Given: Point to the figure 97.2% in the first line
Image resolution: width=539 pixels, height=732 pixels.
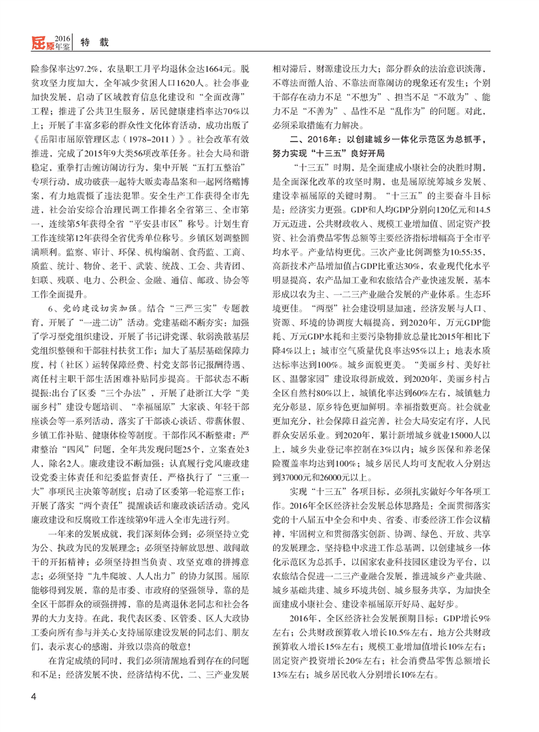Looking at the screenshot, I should [84, 69].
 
